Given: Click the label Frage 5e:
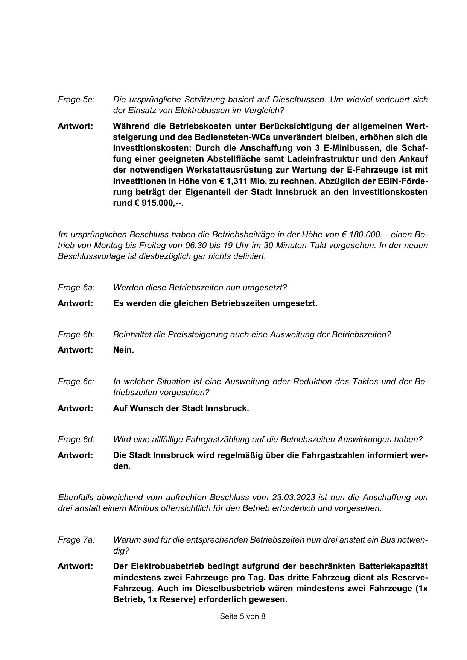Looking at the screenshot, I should (x=76, y=100).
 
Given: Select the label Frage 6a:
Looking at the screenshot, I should (x=76, y=288).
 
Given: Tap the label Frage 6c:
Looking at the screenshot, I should (x=76, y=382).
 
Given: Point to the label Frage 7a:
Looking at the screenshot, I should (x=76, y=540).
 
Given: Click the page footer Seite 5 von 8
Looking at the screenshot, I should (x=242, y=616).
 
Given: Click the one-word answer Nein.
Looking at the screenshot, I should (x=123, y=350).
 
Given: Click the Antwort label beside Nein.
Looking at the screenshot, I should (x=75, y=350).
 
